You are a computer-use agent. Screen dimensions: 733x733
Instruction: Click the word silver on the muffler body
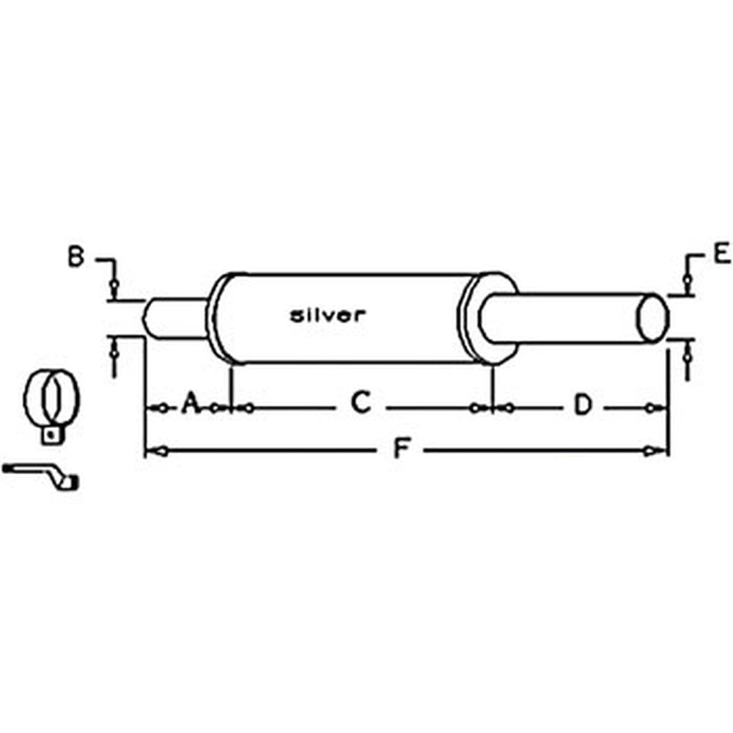327,315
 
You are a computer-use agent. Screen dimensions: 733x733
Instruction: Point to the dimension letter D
583,405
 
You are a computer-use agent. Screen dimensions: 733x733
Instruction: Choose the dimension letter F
400,449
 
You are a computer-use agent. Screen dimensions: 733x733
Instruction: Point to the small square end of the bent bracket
71,482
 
